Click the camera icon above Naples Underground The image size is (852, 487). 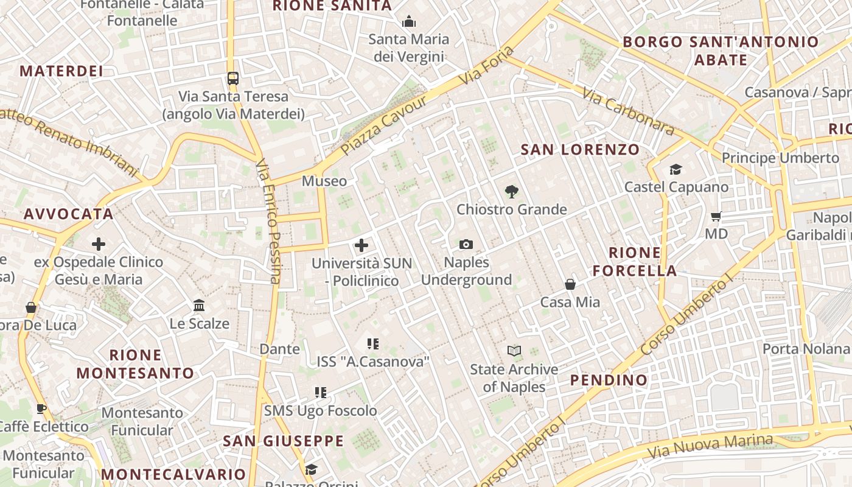466,245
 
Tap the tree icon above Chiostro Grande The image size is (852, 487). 512,192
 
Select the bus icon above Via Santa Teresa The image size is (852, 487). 233,78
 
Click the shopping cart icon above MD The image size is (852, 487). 716,216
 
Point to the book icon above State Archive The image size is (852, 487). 514,351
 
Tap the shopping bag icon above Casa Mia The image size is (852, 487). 570,284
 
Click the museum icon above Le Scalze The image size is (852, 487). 199,305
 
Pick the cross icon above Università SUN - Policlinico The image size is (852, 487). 361,245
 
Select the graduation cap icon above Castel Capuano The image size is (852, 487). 676,169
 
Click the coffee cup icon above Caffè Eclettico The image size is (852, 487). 41,408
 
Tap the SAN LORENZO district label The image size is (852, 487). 581,150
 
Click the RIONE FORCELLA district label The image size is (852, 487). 635,262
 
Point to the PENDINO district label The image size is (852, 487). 609,380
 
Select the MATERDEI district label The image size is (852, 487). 61,71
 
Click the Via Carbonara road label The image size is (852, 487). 628,112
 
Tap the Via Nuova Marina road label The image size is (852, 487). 710,447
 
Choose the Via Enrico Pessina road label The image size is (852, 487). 268,222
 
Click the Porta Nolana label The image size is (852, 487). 806,349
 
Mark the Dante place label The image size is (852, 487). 280,349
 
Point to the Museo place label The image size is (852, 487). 324,181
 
